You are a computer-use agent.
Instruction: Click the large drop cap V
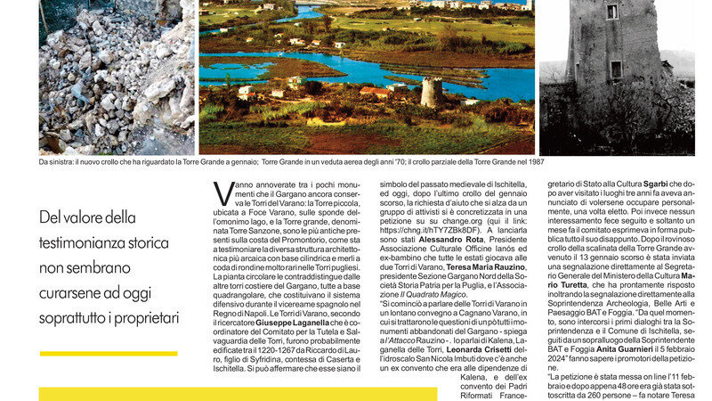point(223,194)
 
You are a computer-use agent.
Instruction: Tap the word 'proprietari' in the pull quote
point(148,317)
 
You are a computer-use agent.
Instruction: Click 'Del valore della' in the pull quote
point(88,217)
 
